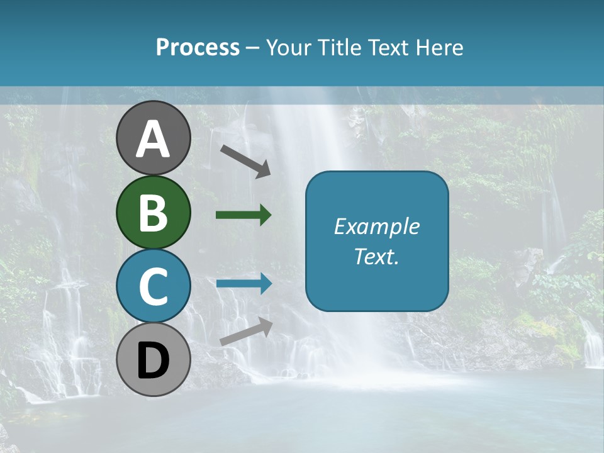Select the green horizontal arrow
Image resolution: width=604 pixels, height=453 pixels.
(x=243, y=215)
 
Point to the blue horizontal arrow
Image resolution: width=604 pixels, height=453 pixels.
(x=244, y=284)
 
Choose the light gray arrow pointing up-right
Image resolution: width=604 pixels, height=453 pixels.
(x=246, y=332)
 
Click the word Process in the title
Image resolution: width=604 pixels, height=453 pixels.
(x=198, y=47)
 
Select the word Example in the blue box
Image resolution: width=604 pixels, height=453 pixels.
(x=377, y=226)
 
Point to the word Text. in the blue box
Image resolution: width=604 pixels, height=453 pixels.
(x=377, y=256)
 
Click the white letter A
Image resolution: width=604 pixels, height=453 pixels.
(x=154, y=138)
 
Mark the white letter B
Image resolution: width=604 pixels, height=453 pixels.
(x=154, y=213)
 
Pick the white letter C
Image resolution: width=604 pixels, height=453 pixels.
(x=154, y=286)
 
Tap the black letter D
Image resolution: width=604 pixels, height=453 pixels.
(x=154, y=361)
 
